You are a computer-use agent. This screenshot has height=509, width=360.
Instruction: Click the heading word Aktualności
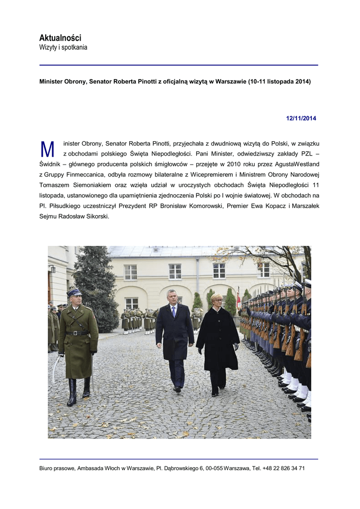point(60,38)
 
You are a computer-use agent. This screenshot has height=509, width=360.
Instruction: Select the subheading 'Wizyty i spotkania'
point(63,48)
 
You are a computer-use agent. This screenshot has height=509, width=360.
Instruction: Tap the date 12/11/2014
point(301,118)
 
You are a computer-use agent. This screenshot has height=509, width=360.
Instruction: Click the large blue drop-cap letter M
point(47,150)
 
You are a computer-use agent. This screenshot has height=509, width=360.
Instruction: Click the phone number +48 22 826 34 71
point(283,468)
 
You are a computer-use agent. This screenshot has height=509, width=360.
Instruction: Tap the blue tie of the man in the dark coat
point(174,312)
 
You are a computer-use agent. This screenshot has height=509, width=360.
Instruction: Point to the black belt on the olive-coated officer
point(78,333)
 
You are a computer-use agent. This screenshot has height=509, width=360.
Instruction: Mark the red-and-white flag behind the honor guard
point(238,298)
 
